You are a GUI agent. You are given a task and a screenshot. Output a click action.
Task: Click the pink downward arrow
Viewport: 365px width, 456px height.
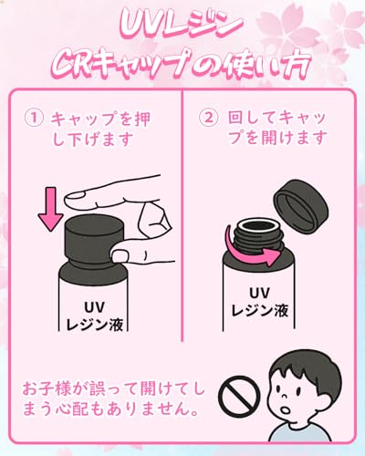(x=50, y=209)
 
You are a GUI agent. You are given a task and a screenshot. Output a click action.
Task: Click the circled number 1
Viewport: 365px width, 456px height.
(x=34, y=118)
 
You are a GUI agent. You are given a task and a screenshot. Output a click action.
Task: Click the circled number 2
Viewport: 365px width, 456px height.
(x=208, y=118)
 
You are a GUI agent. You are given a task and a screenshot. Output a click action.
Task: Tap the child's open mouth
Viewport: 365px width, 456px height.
(x=285, y=410)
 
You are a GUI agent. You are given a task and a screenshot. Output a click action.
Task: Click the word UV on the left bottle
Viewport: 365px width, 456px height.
(x=95, y=307)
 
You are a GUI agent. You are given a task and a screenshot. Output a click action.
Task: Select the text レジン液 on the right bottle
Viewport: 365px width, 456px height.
(x=259, y=311)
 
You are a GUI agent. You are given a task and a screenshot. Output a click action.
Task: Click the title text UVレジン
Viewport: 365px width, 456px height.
(x=182, y=26)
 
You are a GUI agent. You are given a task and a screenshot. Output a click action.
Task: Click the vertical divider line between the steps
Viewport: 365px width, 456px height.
(x=182, y=215)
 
